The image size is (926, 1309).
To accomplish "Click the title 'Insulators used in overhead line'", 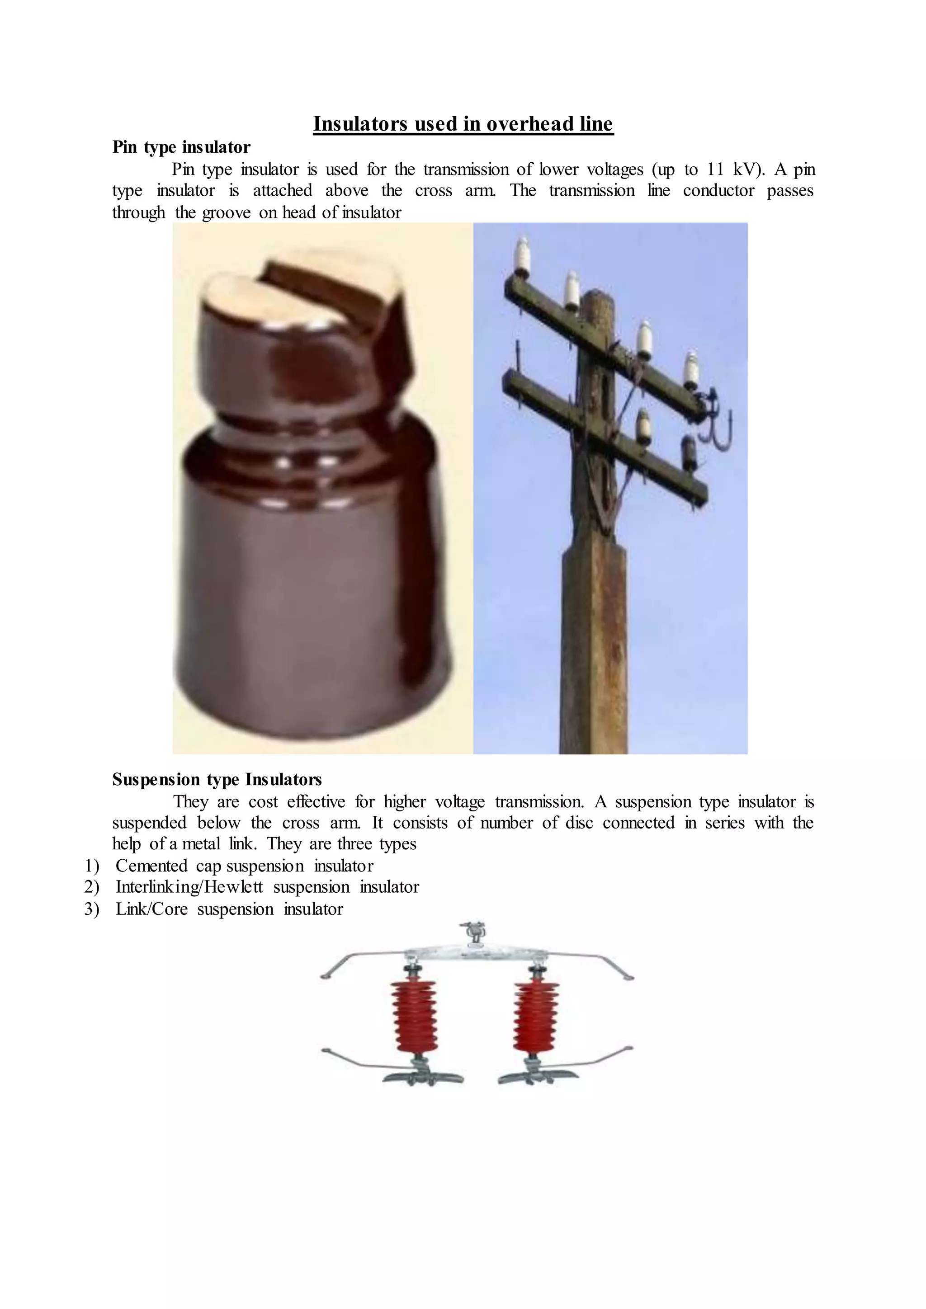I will (463, 124).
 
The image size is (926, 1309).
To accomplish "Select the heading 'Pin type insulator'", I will (181, 147).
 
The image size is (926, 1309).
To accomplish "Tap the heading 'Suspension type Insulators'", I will (217, 779).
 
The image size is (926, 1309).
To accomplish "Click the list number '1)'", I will (92, 866).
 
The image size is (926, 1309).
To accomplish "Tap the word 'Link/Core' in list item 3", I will (151, 909).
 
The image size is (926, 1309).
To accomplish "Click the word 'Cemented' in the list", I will (151, 866).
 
